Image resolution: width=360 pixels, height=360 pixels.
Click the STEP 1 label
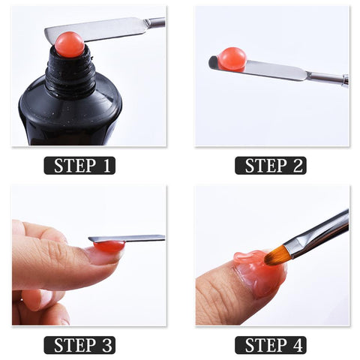point(79,165)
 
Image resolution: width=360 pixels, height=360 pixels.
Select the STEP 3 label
point(79,344)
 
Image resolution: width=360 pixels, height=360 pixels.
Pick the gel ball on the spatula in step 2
point(232,58)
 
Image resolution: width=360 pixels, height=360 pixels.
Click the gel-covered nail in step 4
point(259,274)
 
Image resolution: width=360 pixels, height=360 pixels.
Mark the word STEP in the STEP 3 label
point(70,344)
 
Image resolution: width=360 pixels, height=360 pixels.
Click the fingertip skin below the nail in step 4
point(225,300)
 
